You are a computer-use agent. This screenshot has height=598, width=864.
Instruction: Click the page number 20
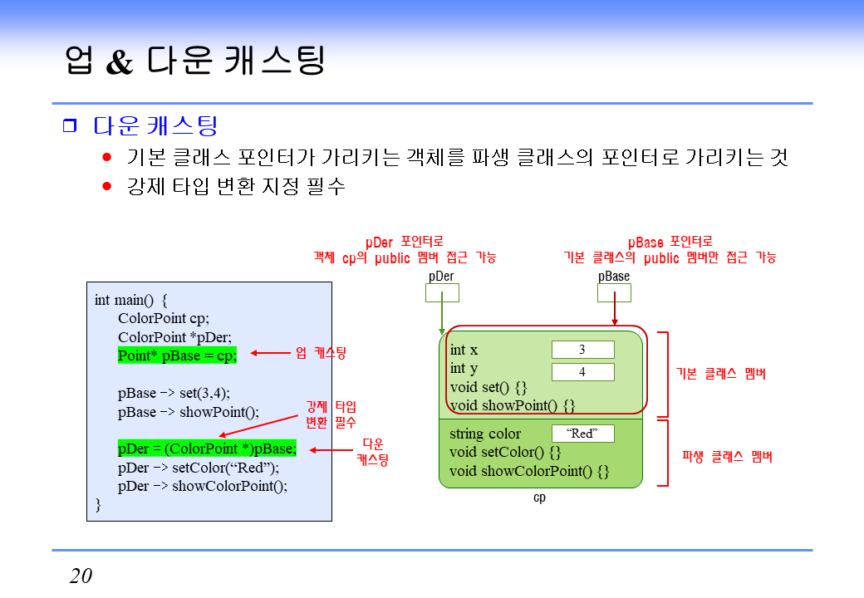click(81, 576)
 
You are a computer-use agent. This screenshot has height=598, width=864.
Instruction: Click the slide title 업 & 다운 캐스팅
click(195, 61)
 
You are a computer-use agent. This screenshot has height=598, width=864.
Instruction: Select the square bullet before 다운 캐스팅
click(69, 126)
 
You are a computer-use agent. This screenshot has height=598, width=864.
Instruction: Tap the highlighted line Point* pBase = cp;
click(177, 355)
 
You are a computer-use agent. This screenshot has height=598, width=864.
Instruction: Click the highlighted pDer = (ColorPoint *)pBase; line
click(207, 448)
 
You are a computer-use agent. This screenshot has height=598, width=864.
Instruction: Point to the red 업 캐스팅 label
click(321, 353)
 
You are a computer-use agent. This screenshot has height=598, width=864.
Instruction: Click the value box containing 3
click(582, 350)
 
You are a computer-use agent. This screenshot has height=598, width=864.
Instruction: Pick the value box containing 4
click(582, 372)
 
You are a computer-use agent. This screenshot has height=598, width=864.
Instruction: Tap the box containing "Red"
click(582, 434)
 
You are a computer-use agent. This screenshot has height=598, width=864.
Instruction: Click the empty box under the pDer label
click(442, 292)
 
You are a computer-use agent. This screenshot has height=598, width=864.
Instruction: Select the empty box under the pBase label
click(614, 292)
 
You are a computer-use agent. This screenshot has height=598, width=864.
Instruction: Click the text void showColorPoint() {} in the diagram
click(529, 472)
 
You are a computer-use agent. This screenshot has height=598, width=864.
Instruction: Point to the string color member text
click(485, 434)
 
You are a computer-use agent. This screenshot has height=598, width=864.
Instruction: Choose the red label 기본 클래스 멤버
click(720, 374)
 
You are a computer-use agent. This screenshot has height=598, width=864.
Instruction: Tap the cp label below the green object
click(539, 498)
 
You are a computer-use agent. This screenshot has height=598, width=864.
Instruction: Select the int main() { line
click(131, 300)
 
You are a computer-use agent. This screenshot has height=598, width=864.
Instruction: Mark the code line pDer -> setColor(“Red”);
click(199, 468)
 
